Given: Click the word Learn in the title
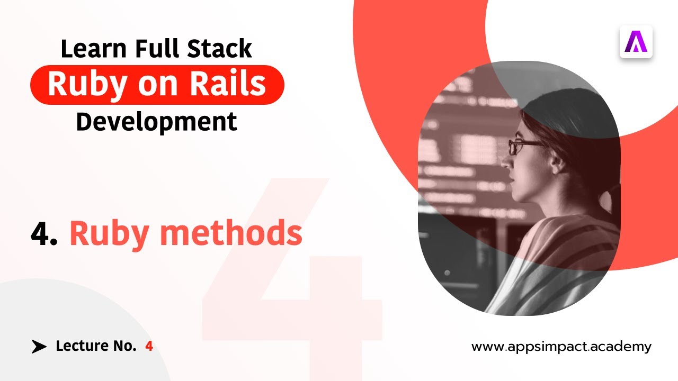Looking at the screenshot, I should pyautogui.click(x=94, y=49).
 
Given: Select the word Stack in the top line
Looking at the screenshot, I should pyautogui.click(x=220, y=49).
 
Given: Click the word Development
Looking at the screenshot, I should pyautogui.click(x=156, y=122).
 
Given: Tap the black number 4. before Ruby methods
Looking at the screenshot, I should pyautogui.click(x=44, y=233).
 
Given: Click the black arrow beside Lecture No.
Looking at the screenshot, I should pyautogui.click(x=39, y=347).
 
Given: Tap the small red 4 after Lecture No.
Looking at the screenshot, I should pyautogui.click(x=149, y=347).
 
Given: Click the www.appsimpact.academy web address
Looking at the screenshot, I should pyautogui.click(x=561, y=347).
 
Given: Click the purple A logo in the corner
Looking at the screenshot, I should pyautogui.click(x=636, y=42).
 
